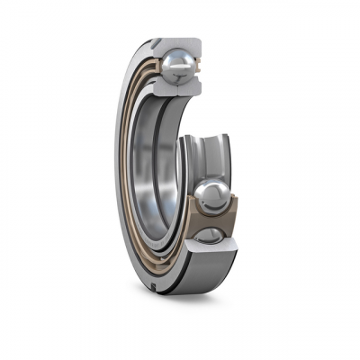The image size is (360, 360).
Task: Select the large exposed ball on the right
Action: [212, 194]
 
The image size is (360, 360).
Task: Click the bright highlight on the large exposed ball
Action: [208, 187]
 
